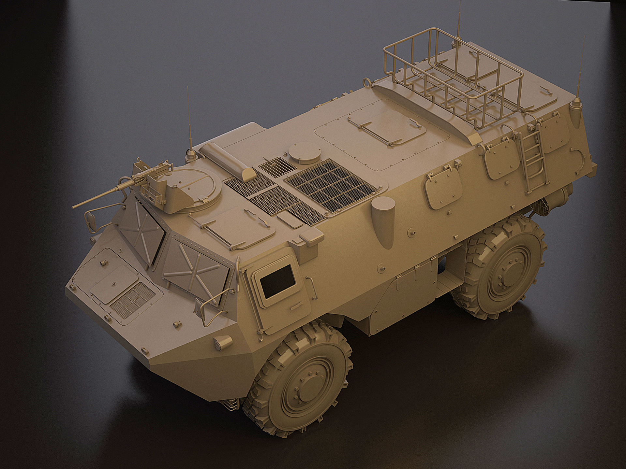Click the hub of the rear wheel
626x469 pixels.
[506, 278]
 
